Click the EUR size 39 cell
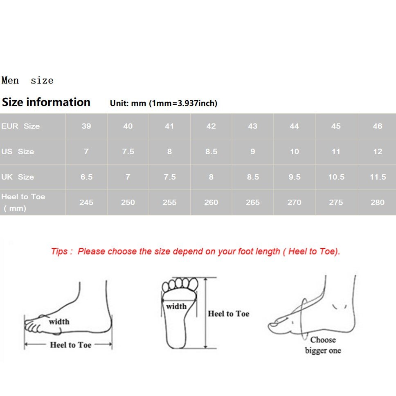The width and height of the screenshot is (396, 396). click(x=86, y=126)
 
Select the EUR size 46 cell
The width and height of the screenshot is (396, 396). click(x=377, y=126)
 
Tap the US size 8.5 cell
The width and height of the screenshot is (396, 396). click(x=211, y=151)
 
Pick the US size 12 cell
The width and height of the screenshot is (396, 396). click(x=377, y=151)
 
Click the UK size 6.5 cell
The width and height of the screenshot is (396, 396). click(x=86, y=177)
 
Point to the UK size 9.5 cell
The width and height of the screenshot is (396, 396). click(x=295, y=177)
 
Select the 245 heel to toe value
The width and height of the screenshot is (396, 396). click(x=86, y=202)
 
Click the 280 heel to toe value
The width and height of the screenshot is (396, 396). click(x=377, y=202)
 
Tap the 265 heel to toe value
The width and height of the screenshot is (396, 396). click(x=253, y=202)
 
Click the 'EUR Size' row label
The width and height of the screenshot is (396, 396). click(x=20, y=126)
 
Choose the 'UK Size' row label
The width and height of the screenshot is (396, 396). click(x=18, y=177)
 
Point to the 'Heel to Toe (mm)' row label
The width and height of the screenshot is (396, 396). click(x=23, y=202)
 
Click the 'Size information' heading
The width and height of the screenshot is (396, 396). click(x=46, y=102)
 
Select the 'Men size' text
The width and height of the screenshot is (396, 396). click(x=27, y=80)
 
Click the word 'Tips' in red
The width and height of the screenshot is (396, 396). click(x=59, y=251)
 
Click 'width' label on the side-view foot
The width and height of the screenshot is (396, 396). click(x=59, y=322)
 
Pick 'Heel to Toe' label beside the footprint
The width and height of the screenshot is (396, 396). click(x=229, y=314)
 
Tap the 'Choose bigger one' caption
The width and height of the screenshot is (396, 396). click(x=323, y=345)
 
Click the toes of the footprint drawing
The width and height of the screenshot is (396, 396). click(x=180, y=284)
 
